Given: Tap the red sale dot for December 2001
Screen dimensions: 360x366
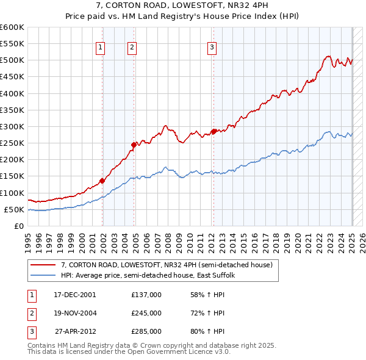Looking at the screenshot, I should click(102, 181).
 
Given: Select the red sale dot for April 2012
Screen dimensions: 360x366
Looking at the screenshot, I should click(213, 131).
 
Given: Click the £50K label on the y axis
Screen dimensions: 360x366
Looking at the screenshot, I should click(13, 209).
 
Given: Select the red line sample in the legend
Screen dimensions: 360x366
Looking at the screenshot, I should click(43, 265).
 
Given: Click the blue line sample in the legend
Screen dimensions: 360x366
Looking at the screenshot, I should click(43, 275).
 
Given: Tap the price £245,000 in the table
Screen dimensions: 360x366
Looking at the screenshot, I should click(146, 313).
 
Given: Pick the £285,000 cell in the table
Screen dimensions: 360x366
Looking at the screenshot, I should click(146, 331).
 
